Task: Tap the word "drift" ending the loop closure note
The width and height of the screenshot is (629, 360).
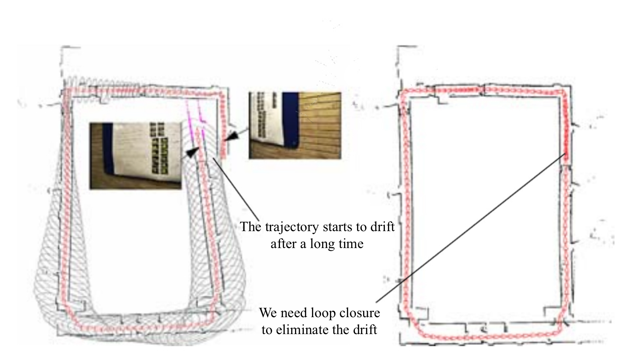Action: pyautogui.click(x=365, y=330)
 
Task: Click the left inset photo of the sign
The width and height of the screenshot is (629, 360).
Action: pyautogui.click(x=135, y=156)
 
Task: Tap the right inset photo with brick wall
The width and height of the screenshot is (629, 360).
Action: pyautogui.click(x=295, y=125)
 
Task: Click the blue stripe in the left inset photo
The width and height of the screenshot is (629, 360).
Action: pyautogui.click(x=108, y=148)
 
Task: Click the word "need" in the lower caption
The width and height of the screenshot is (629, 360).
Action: pyautogui.click(x=294, y=313)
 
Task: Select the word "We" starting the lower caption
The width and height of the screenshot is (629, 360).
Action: pyautogui.click(x=268, y=313)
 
